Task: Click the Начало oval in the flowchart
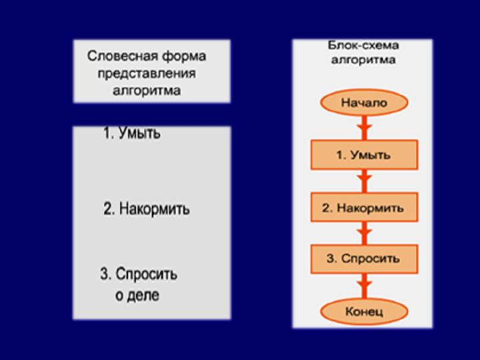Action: click(x=363, y=103)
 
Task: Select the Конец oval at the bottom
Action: click(x=363, y=311)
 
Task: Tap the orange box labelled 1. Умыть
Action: click(x=363, y=155)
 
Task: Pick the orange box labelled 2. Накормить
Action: click(x=363, y=208)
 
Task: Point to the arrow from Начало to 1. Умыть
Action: click(x=363, y=127)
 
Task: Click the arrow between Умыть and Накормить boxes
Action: click(x=363, y=181)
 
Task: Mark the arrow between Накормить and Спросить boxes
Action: click(x=363, y=233)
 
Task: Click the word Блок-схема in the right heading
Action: click(x=363, y=46)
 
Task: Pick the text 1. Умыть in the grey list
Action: click(x=132, y=133)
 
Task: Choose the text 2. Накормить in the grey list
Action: click(x=147, y=209)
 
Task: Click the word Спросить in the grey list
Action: click(x=147, y=274)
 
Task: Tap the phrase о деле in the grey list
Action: click(x=137, y=295)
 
